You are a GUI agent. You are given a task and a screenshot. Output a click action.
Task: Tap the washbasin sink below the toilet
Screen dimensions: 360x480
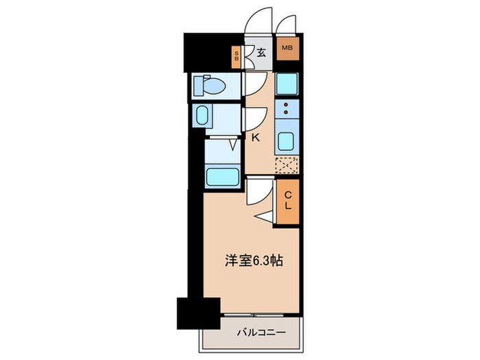(x=204, y=116)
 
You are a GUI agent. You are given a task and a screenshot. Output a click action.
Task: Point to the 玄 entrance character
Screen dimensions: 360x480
(x=261, y=51)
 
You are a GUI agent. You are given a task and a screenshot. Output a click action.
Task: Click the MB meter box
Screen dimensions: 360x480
(x=287, y=49)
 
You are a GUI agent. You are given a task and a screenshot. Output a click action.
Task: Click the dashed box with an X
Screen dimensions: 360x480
(x=287, y=165)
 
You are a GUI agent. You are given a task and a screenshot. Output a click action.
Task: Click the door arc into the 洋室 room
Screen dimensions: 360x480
(x=255, y=190)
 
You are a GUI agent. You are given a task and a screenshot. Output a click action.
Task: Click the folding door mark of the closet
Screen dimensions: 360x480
(x=267, y=216)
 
